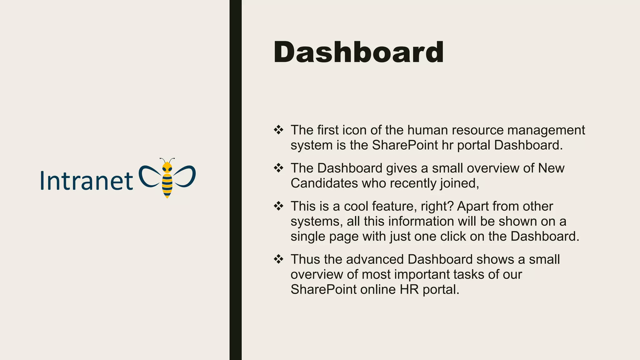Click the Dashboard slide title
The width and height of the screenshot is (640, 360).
click(x=358, y=52)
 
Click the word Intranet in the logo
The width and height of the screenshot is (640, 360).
click(x=87, y=181)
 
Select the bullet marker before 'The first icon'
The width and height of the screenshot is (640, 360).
click(x=278, y=130)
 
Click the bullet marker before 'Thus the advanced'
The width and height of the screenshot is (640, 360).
click(x=278, y=259)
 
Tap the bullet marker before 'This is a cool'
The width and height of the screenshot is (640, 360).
click(x=278, y=206)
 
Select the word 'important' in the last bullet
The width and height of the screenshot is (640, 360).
click(x=422, y=275)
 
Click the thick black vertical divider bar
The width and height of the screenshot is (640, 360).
click(x=235, y=180)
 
